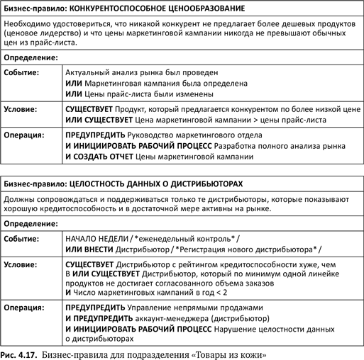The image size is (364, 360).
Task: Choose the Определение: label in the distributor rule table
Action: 31,223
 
